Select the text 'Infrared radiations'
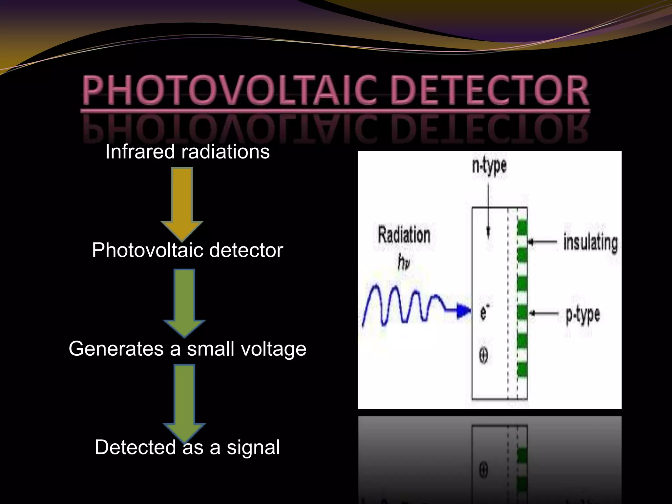(187, 152)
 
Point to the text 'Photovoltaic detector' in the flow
(187, 250)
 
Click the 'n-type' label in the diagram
(489, 166)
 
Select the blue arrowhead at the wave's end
(464, 310)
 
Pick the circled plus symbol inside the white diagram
(483, 355)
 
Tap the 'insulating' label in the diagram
(590, 242)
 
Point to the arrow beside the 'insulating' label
(543, 242)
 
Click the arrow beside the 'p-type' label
(544, 313)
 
